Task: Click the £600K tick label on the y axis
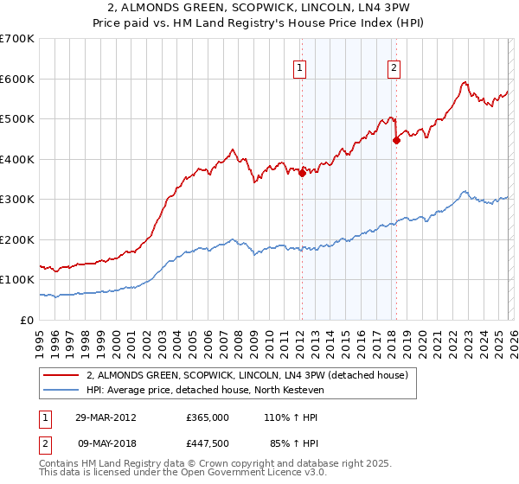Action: (x=17, y=79)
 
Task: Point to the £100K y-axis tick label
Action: (x=17, y=280)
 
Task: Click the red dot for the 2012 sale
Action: (x=302, y=173)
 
